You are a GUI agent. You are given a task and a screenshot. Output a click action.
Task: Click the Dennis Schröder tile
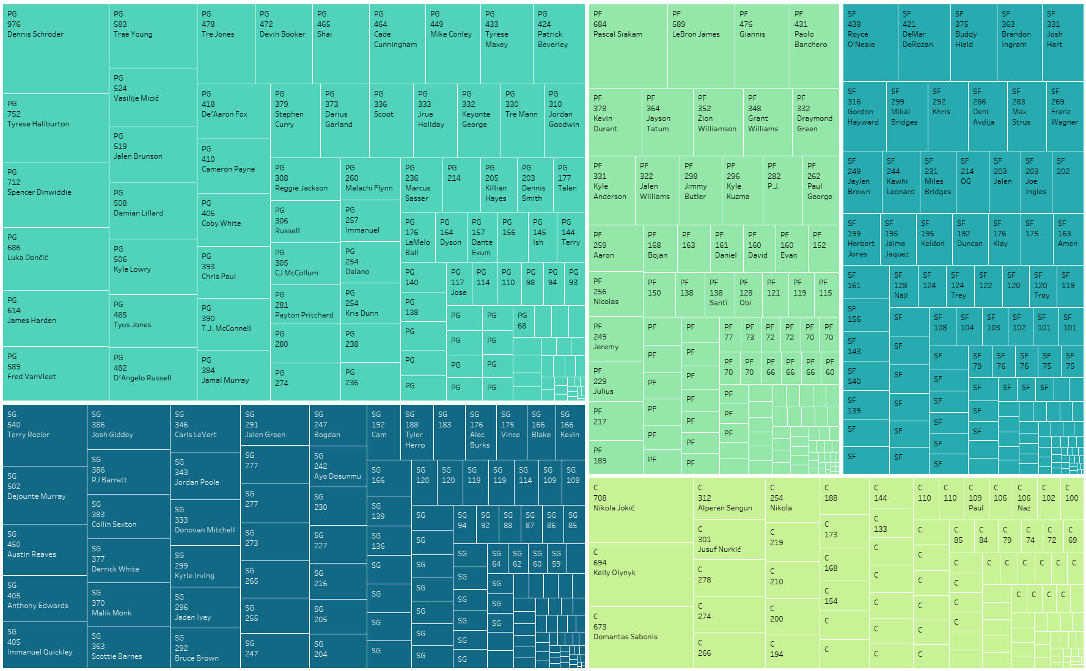[x=56, y=49]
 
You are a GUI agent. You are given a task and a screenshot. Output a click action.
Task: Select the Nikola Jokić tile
[x=641, y=510]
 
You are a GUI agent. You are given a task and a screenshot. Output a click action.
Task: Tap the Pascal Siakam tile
[x=628, y=46]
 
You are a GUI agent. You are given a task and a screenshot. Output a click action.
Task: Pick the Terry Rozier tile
[x=45, y=435]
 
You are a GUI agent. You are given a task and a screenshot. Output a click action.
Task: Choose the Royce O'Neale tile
[x=870, y=43]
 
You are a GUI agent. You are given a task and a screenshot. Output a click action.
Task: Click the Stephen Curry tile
[x=295, y=120]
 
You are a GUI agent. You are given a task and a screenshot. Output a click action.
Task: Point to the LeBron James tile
[x=700, y=46]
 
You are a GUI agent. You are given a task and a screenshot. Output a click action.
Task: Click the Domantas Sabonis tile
[x=641, y=636]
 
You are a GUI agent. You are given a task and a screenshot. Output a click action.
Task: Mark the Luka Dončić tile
[x=56, y=258]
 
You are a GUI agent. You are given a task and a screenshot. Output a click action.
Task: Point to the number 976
[x=14, y=24]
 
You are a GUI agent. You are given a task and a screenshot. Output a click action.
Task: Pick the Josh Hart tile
[x=1062, y=43]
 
